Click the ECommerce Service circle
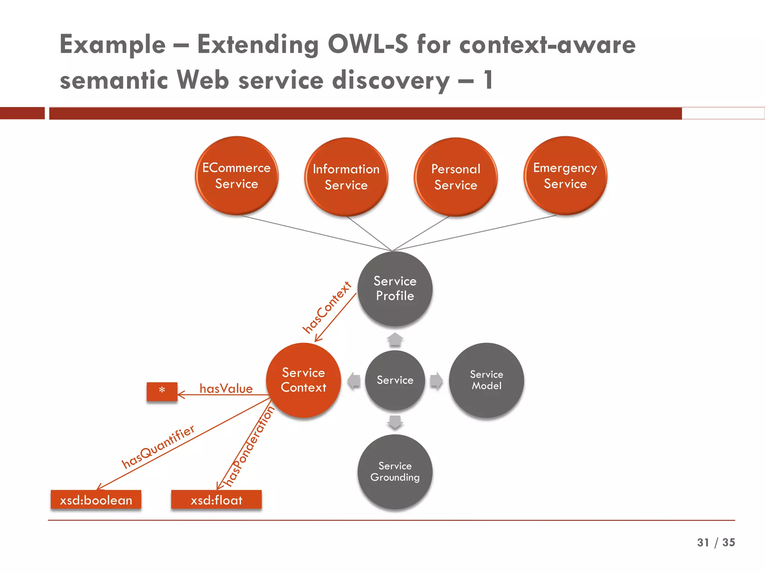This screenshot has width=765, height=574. (236, 176)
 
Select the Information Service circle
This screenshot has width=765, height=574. (346, 177)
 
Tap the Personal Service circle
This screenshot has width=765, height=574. (455, 177)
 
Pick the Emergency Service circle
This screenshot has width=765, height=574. (565, 176)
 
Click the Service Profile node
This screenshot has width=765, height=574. (395, 288)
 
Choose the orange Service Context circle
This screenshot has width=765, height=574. (303, 380)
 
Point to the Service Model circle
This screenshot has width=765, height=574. (486, 380)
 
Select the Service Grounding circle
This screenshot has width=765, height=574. (395, 472)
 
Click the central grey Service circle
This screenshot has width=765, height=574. (395, 380)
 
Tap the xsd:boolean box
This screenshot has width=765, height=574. (96, 500)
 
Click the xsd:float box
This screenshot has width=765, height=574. (216, 500)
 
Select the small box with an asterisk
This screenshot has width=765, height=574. (162, 391)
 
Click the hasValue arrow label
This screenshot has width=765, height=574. (226, 389)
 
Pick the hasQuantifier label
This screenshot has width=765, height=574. (158, 446)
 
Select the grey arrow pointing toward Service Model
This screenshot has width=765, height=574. (436, 380)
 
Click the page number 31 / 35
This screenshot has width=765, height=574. (716, 542)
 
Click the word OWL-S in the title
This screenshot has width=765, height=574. (368, 44)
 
